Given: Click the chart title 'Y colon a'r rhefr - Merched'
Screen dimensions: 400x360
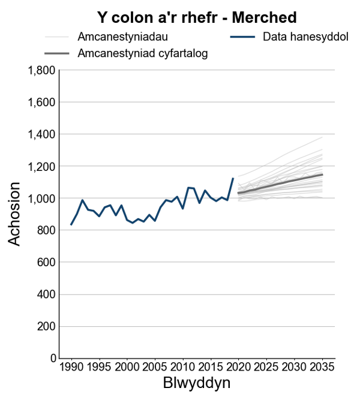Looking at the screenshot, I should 197,17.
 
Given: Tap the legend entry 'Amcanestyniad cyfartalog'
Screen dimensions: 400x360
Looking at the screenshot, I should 143,54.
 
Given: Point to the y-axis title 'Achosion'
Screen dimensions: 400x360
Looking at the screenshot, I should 15,214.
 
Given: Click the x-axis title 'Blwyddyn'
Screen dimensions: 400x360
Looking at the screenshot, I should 197,383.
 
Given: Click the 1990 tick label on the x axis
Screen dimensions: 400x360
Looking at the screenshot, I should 71,367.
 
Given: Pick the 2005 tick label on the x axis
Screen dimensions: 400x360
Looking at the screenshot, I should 155,367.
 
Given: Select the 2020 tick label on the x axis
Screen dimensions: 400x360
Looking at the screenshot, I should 239,367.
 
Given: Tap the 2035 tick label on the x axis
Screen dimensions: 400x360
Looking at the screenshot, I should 322,367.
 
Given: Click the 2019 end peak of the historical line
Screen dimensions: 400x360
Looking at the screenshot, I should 233,178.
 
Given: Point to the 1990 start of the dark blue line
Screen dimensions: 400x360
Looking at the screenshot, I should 71,225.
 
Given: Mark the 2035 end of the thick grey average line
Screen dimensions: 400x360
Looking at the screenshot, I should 322,175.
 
